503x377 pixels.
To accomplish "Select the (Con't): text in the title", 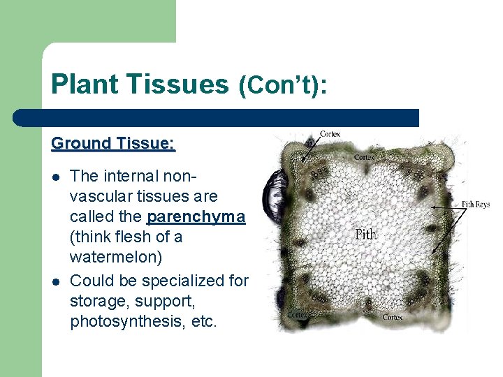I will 283,85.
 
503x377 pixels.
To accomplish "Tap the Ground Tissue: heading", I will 112,144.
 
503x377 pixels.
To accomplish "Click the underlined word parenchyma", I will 196,216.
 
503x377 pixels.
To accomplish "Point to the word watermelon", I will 116,258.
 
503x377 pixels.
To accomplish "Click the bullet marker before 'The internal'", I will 56,176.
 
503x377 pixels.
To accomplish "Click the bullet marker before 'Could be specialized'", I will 56,281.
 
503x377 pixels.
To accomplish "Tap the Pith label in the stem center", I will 365,234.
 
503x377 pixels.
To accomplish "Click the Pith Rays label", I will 475,205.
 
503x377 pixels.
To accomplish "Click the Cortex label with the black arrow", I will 330,133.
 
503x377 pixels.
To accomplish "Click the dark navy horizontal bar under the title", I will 217,117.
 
